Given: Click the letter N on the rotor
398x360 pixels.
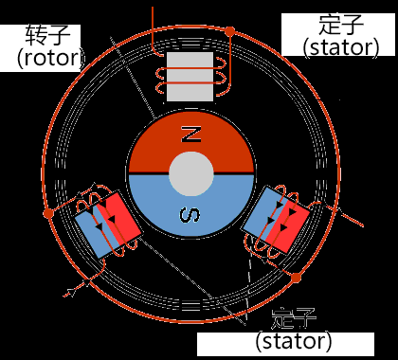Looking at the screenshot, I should (x=191, y=135).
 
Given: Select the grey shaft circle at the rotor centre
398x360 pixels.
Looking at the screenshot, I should (x=191, y=174).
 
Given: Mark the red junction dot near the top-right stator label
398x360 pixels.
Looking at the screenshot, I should (x=229, y=31).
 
